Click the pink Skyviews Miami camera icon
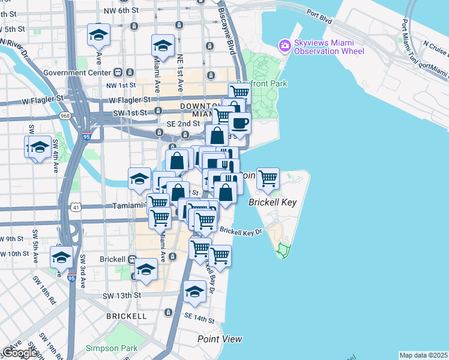pos(284,45)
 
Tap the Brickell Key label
pos(273,203)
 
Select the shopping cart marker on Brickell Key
pos(268,178)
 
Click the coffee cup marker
pos(240,124)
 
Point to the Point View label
pos(220,339)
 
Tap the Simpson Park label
pos(112,348)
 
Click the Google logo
pos(19,353)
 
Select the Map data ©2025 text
pos(423,355)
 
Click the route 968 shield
pos(65,115)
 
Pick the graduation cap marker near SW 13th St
pos(194,291)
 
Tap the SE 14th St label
pos(199,316)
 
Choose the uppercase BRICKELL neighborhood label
pos(126,316)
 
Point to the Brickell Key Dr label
pos(241,231)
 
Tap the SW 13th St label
pos(121,296)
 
